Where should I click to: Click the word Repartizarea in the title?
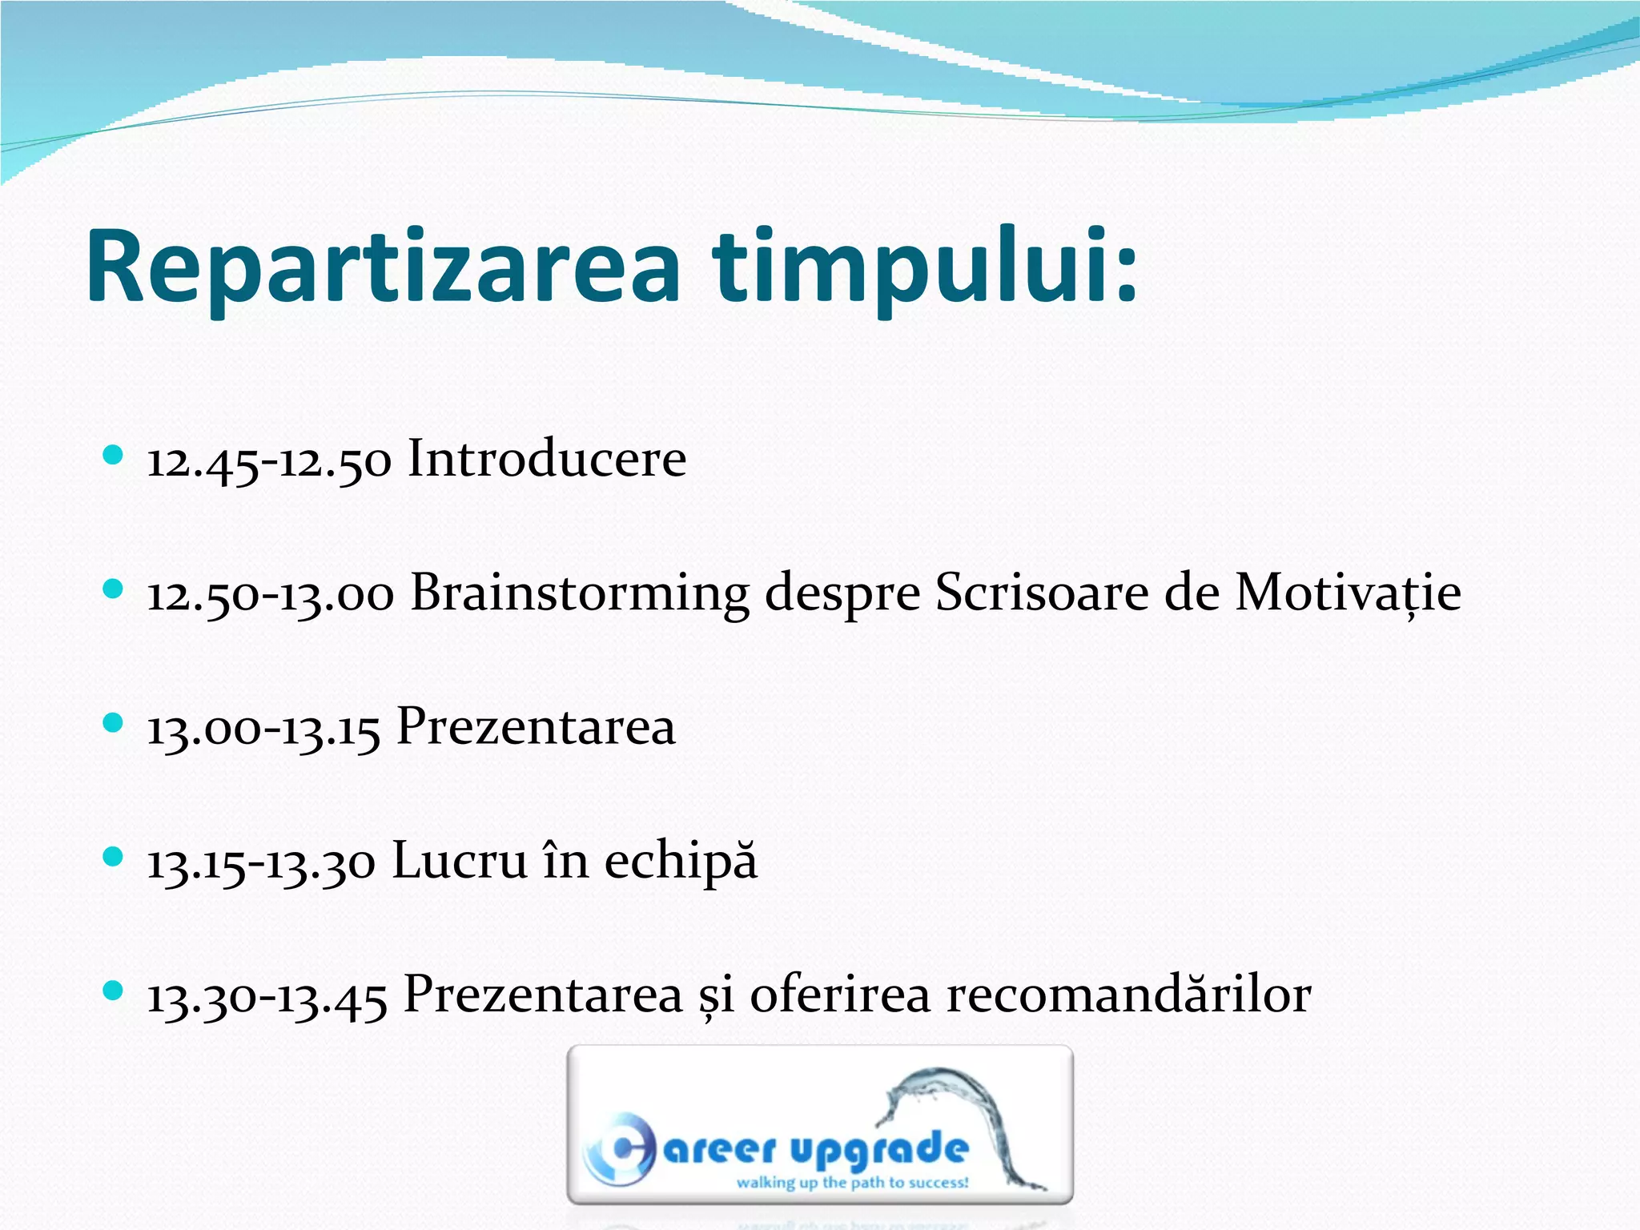[x=383, y=268]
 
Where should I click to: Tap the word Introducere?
[x=547, y=459]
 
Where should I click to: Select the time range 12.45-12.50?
[x=269, y=462]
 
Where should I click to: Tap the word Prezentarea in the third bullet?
[x=536, y=727]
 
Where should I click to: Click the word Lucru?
[x=460, y=862]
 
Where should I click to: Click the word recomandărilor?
[x=1128, y=995]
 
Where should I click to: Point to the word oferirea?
[x=840, y=995]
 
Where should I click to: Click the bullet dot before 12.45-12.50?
[x=113, y=456]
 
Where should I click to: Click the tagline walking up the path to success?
[x=852, y=1183]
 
